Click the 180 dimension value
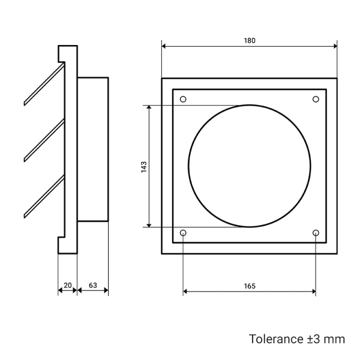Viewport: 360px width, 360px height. click(250, 41)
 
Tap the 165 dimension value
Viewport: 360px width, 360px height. click(250, 286)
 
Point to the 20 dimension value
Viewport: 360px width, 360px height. click(67, 286)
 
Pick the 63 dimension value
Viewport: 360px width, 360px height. click(93, 286)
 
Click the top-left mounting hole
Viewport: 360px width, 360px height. click(184, 99)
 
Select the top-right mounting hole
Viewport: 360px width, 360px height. click(316, 99)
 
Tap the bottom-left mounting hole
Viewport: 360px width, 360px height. click(184, 232)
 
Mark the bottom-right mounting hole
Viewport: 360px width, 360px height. click(316, 232)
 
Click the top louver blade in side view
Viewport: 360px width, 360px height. click(43, 85)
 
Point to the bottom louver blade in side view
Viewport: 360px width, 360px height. click(43, 196)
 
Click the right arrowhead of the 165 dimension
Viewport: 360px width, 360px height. click(313, 292)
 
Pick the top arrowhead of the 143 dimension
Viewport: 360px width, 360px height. click(148, 108)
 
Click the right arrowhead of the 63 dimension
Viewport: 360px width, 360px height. click(106, 292)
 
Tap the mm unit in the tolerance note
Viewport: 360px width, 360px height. click(335, 339)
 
